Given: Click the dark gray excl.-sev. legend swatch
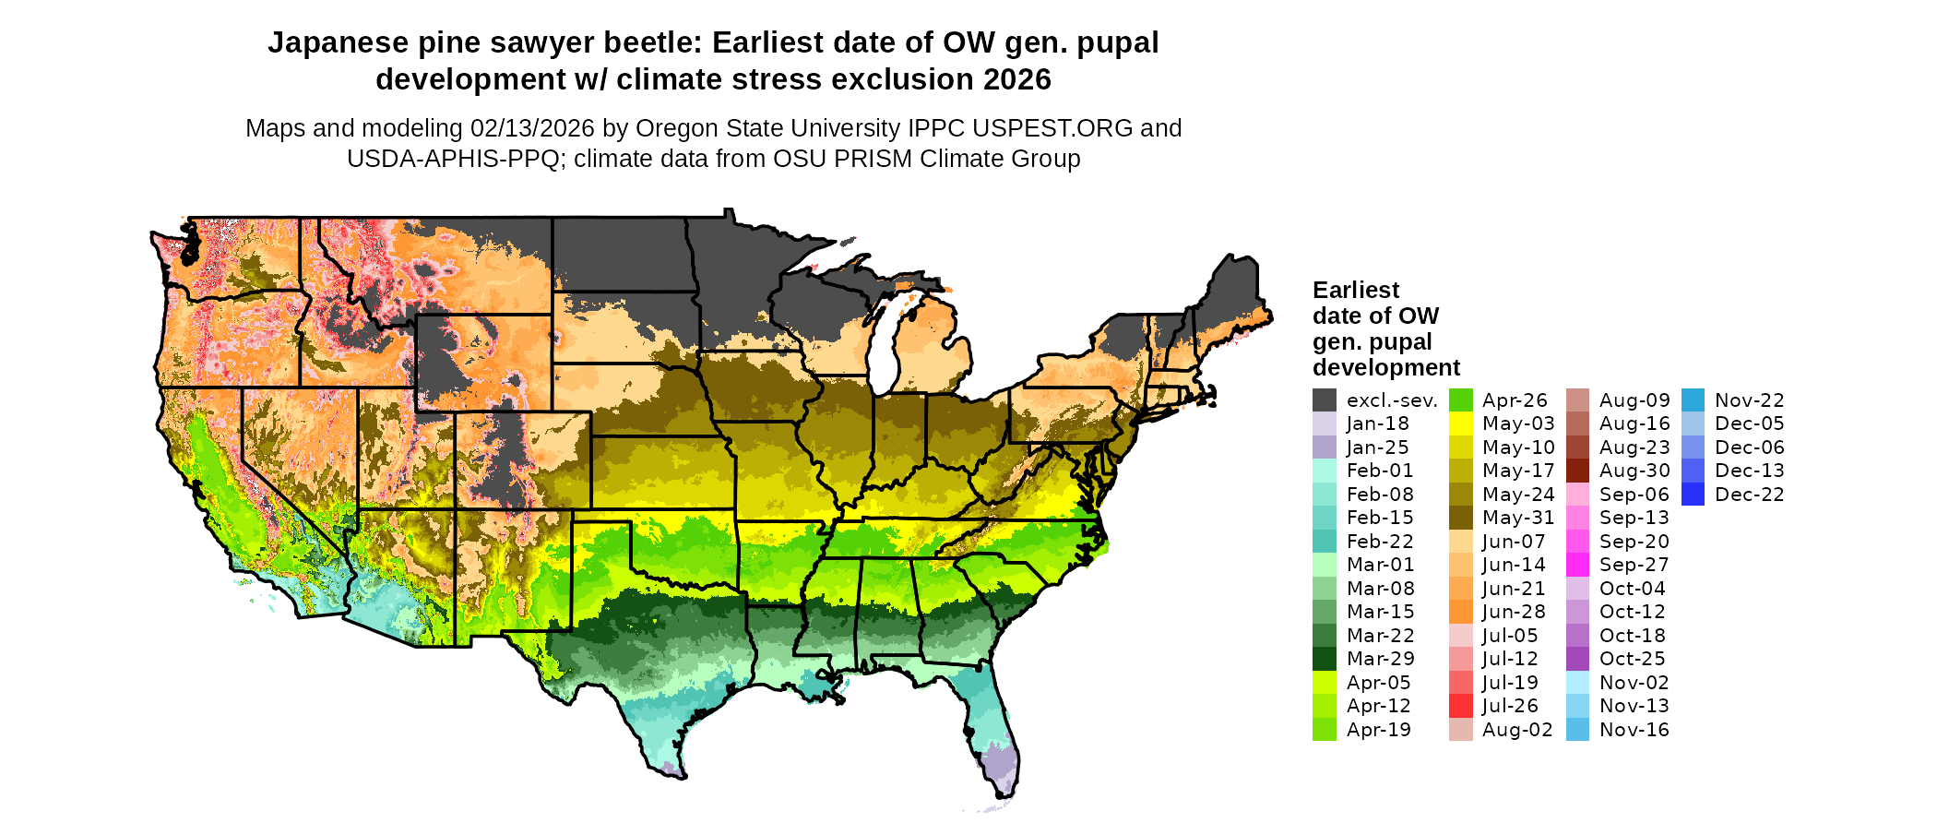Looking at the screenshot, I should (x=1324, y=400).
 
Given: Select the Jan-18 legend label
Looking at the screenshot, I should (x=1378, y=423).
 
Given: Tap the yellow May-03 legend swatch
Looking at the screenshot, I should (x=1461, y=423).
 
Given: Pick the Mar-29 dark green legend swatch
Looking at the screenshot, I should (x=1324, y=659).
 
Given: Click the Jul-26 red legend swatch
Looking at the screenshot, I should (x=1461, y=706).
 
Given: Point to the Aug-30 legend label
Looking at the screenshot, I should (x=1634, y=471).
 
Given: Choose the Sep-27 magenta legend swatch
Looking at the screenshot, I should (x=1577, y=565).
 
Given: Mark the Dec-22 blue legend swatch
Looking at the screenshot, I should (x=1693, y=495).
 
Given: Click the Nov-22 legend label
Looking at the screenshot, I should (x=1750, y=400).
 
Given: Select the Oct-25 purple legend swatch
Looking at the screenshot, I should (x=1577, y=659).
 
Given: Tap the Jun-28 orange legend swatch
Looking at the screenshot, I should (x=1461, y=612).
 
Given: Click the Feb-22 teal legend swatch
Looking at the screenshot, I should (x=1324, y=542).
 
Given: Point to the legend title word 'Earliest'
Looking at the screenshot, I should (x=1356, y=291).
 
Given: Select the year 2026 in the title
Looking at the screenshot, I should (x=1016, y=80).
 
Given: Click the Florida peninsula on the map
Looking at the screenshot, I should (x=992, y=729).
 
